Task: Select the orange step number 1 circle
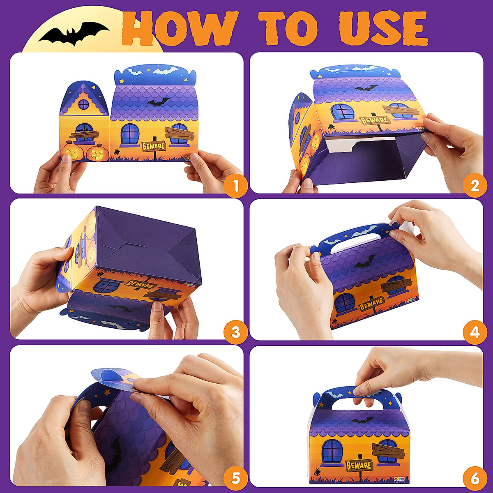click(235, 186)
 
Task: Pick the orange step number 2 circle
click(475, 186)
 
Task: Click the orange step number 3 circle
click(235, 332)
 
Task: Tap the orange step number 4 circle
click(475, 332)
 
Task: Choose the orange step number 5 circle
click(235, 478)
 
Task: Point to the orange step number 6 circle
click(475, 478)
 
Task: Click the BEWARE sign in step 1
click(153, 146)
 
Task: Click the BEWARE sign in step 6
click(359, 465)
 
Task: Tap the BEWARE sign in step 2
click(374, 120)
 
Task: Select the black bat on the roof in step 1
click(159, 102)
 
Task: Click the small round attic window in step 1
click(83, 104)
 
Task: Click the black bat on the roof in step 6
click(362, 420)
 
